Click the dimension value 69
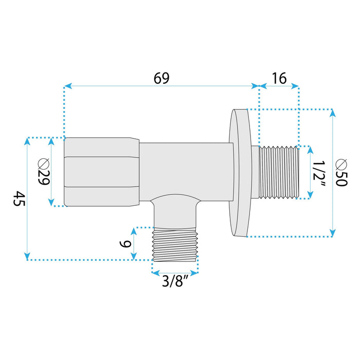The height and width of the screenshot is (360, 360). pos(161,78)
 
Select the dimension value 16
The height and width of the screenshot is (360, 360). pos(279,78)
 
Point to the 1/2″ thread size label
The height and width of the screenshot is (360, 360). pos(319,172)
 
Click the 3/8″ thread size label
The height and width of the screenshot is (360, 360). pos(174,282)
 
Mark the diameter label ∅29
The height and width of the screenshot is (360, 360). pos(43,172)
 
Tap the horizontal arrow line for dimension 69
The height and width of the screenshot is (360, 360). pos(161,86)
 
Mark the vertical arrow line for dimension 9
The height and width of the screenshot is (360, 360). pos(135,243)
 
